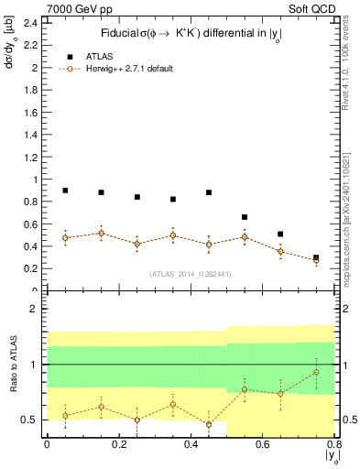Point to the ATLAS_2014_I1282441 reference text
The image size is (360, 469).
[x=191, y=274]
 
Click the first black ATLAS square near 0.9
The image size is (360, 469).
[x=65, y=191]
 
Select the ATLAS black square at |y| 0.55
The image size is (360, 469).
[x=245, y=217]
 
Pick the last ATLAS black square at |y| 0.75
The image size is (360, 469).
[x=316, y=258]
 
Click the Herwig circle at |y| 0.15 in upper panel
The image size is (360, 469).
[x=101, y=233]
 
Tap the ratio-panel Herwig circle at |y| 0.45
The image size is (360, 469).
[x=209, y=424]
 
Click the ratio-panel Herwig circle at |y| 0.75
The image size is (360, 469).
[x=316, y=372]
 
